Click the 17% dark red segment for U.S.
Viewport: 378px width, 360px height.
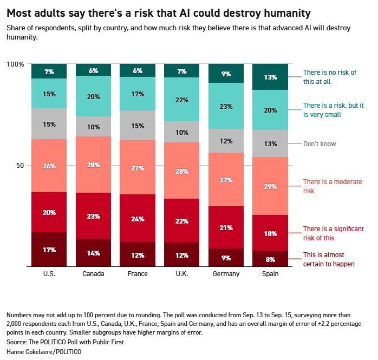[x=49, y=250]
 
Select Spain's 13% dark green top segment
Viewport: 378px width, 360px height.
[x=270, y=77]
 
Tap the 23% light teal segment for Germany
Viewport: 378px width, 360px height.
[x=226, y=106]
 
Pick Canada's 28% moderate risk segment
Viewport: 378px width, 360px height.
[x=94, y=165]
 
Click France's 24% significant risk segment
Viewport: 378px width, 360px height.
[x=138, y=218]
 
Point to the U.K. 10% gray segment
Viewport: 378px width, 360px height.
[x=182, y=132]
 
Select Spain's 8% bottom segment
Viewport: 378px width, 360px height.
[x=270, y=259]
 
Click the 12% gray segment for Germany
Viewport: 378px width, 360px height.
[x=226, y=141]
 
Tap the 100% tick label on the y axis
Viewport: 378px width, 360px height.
[x=15, y=64]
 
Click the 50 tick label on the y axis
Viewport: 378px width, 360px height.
[x=20, y=166]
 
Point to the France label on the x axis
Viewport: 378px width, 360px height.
[x=138, y=274]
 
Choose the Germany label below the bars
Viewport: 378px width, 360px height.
[x=226, y=274]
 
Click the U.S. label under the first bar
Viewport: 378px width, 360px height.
[x=49, y=274]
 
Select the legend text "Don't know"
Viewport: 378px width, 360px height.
[x=320, y=144]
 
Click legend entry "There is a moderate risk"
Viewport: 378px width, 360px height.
[x=333, y=186]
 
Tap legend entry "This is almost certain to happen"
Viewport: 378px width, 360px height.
[x=329, y=259]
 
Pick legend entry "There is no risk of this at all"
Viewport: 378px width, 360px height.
[x=330, y=77]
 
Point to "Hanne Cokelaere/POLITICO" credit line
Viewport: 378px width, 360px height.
[x=44, y=352]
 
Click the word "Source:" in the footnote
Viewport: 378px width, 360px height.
[x=17, y=342]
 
